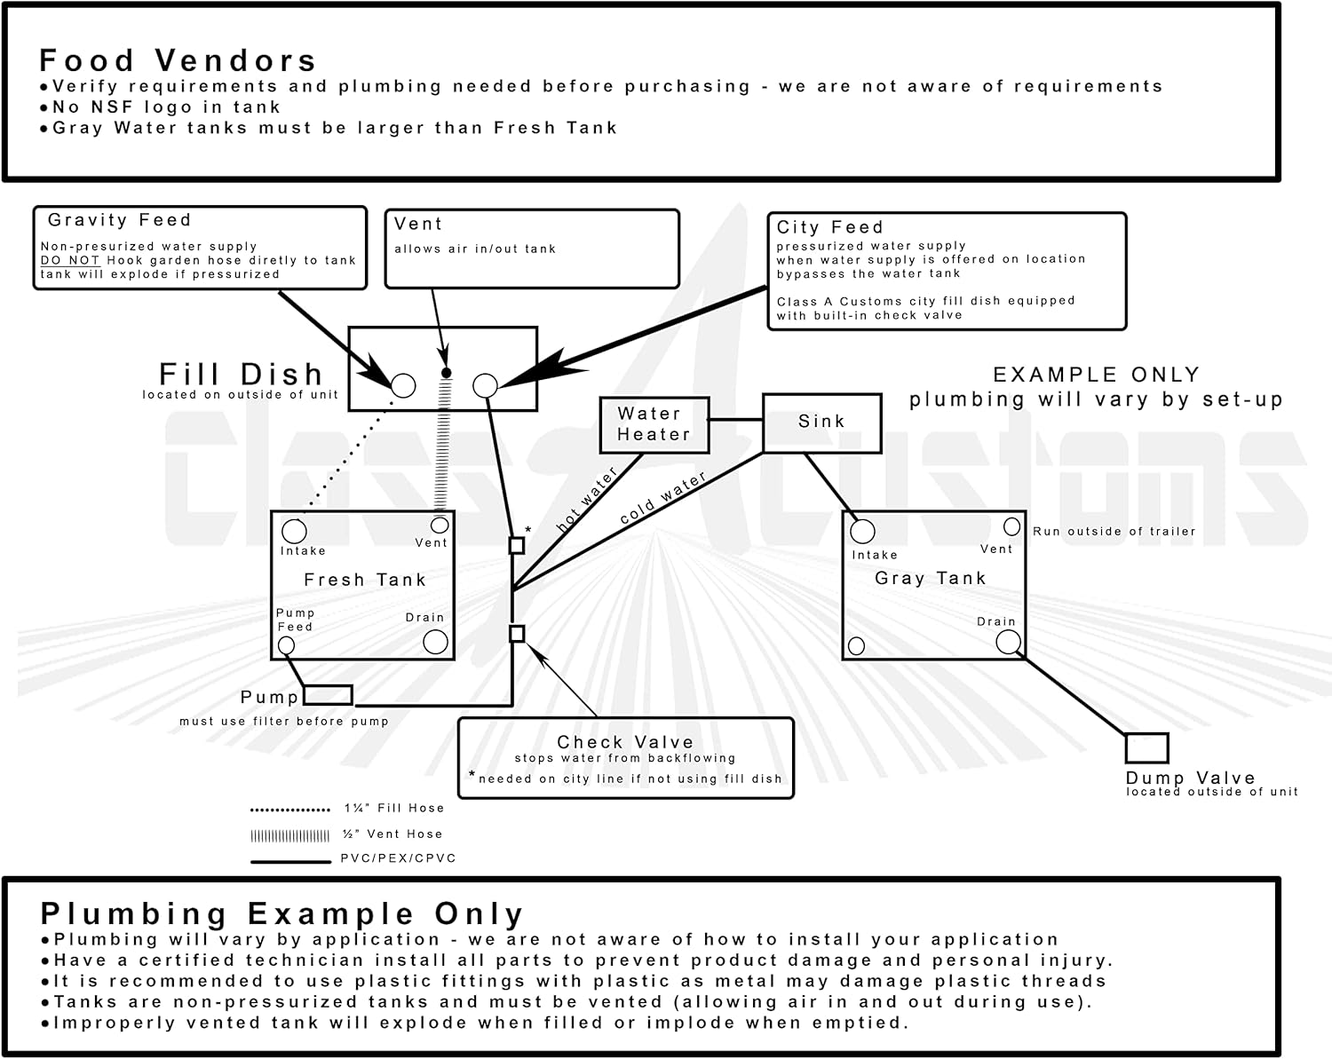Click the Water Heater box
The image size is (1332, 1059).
654,424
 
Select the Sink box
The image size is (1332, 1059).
821,423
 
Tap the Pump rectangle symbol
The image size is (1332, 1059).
328,695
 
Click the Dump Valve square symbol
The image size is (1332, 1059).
1146,747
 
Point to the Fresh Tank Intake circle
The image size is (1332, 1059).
294,532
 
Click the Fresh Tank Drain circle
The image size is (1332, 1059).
435,642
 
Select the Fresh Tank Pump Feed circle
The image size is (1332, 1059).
286,645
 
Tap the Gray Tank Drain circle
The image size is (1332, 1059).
1008,642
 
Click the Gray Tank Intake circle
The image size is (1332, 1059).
862,532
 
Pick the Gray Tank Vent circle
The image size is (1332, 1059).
1011,527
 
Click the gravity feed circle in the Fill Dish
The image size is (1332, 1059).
403,385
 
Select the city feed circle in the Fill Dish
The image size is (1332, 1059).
485,385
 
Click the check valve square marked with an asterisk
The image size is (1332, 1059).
517,545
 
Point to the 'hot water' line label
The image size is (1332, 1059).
587,501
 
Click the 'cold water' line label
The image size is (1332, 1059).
663,497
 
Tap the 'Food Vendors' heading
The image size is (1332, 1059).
178,60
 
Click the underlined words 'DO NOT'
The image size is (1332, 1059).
70,260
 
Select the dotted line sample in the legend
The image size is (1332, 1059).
290,810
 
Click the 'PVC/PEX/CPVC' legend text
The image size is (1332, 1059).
398,858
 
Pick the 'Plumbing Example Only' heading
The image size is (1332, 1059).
281,913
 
